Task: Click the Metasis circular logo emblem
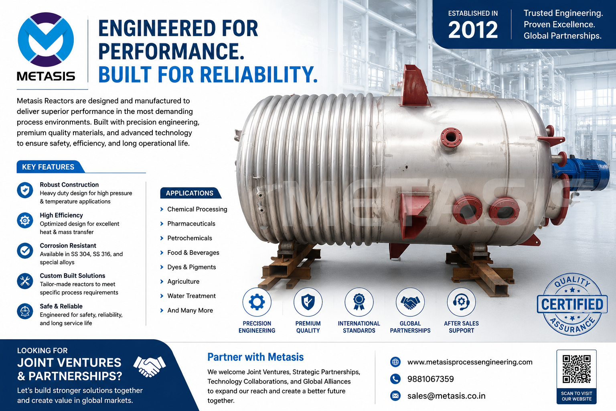tap(46, 39)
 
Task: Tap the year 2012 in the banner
tap(473, 30)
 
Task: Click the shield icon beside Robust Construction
tap(25, 190)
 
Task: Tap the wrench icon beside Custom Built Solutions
tap(25, 281)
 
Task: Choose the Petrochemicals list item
tap(189, 238)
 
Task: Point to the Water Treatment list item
tap(191, 296)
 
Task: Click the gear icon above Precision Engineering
tap(257, 302)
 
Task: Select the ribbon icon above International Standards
tap(359, 302)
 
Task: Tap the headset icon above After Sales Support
tap(461, 302)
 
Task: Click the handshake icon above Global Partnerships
tap(410, 302)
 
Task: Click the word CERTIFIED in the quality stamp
tap(572, 305)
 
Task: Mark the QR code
tap(576, 369)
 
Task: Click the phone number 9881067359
tap(430, 379)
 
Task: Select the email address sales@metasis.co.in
tap(446, 396)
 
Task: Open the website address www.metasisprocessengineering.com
tap(470, 362)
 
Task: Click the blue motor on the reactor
tap(580, 173)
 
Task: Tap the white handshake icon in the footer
tap(150, 366)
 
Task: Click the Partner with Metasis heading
tap(255, 357)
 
